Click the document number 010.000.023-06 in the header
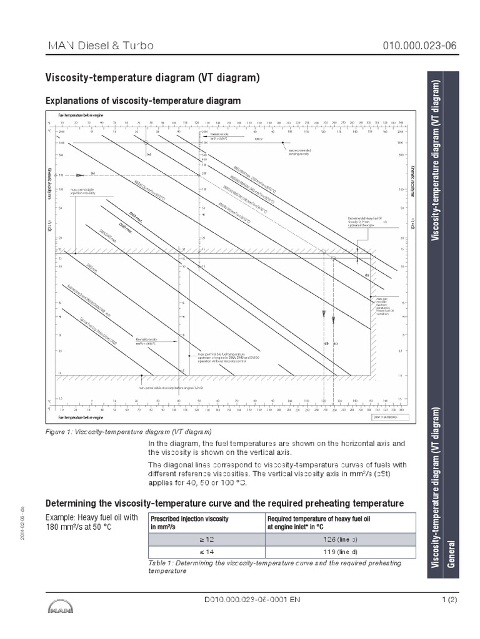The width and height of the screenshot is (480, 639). (406, 47)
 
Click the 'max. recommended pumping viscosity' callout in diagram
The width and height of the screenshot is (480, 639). (302, 152)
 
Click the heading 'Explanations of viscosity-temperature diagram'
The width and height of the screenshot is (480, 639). (142, 100)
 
